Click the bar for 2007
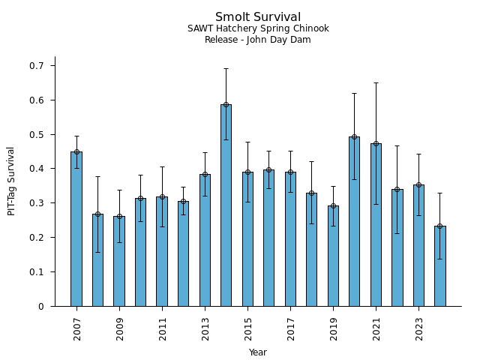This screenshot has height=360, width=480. [x=76, y=229]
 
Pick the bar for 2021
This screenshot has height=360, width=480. [x=376, y=224]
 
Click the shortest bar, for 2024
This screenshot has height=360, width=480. [x=439, y=265]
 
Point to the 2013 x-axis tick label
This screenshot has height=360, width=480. [x=205, y=328]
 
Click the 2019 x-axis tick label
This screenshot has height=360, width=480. [x=334, y=328]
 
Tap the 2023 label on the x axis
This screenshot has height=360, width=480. [x=419, y=328]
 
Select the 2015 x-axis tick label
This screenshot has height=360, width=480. [x=248, y=328]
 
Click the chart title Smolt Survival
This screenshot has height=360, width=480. [x=258, y=17]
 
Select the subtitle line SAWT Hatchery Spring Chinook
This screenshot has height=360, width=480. [x=258, y=29]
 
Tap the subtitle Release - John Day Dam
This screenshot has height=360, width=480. [x=258, y=40]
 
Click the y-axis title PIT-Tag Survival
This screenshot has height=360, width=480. [x=11, y=181]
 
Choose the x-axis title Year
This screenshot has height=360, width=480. [x=258, y=352]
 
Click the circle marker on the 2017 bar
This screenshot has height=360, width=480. [x=290, y=172]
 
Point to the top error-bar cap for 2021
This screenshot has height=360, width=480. [x=376, y=82]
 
